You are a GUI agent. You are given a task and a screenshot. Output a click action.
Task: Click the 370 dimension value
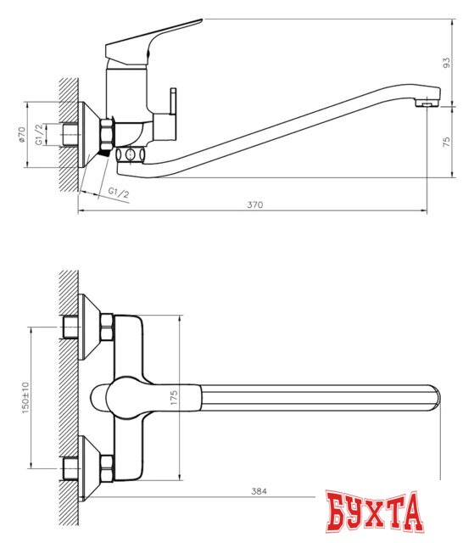(255, 204)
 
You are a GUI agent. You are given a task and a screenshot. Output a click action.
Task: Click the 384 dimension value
(259, 491)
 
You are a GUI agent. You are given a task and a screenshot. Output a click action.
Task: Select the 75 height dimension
(447, 143)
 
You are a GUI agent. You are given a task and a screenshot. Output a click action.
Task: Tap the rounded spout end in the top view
(434, 399)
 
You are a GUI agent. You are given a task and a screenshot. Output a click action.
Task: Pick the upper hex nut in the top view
(107, 327)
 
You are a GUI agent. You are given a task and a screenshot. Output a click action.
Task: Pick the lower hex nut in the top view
(107, 464)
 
